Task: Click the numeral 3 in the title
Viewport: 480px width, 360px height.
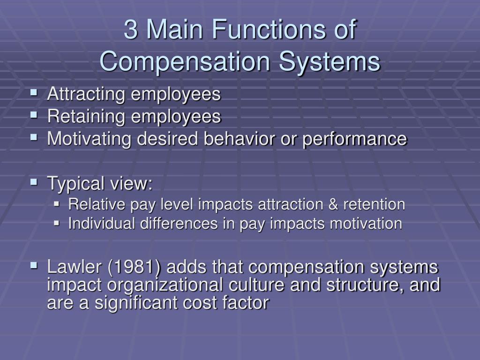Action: pyautogui.click(x=132, y=31)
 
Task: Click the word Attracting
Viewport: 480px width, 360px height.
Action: pyautogui.click(x=86, y=94)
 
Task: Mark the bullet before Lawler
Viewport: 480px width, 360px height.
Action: pyautogui.click(x=34, y=265)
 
